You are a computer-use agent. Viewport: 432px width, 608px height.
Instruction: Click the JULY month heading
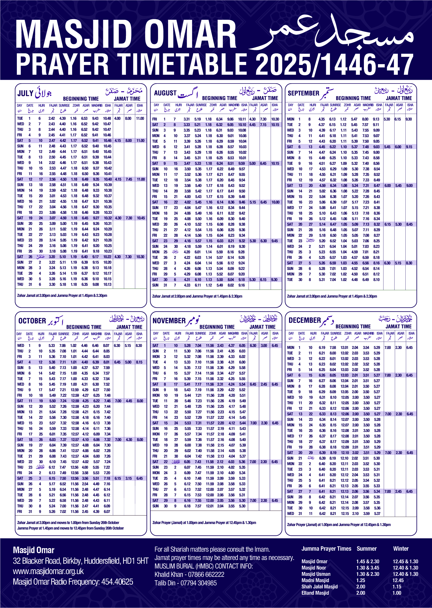[x=25, y=93]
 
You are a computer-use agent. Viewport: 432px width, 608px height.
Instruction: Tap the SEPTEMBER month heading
[x=303, y=93]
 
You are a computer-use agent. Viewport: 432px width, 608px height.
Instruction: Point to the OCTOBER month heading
[x=32, y=321]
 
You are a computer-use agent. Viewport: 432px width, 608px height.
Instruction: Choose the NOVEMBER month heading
[x=169, y=320]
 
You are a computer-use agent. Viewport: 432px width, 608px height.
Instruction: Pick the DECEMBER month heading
[x=305, y=320]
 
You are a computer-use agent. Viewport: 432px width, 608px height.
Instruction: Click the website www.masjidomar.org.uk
[x=48, y=571]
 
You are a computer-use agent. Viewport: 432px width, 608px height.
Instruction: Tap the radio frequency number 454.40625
[x=117, y=582]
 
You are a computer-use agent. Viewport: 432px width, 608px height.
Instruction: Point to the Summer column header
[x=367, y=549]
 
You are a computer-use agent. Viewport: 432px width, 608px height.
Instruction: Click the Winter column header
[x=401, y=549]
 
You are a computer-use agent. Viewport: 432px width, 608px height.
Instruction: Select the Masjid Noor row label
[x=314, y=568]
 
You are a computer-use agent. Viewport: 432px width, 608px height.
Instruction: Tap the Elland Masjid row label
[x=315, y=593]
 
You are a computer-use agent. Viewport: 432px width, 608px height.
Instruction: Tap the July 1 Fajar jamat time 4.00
[x=117, y=118]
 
